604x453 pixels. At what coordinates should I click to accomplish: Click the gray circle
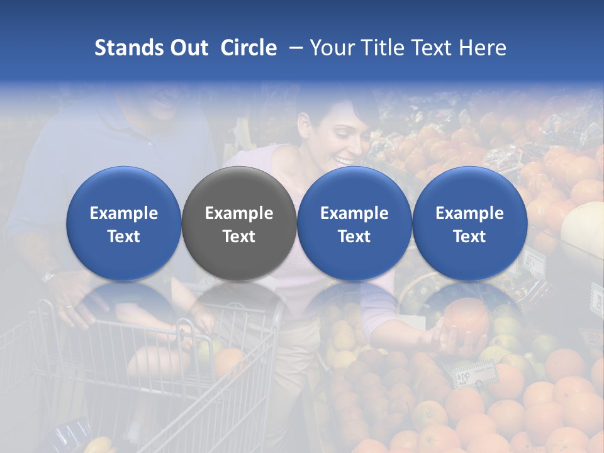239,223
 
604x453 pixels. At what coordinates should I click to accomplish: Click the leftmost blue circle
123,223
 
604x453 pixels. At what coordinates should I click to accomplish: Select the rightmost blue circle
469,223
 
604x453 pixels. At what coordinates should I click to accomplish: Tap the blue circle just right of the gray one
354,223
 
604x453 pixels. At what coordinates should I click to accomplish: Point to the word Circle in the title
249,48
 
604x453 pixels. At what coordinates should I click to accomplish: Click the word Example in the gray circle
239,213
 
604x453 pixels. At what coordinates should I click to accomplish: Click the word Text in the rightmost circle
469,237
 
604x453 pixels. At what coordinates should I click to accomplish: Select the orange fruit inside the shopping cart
229,362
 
